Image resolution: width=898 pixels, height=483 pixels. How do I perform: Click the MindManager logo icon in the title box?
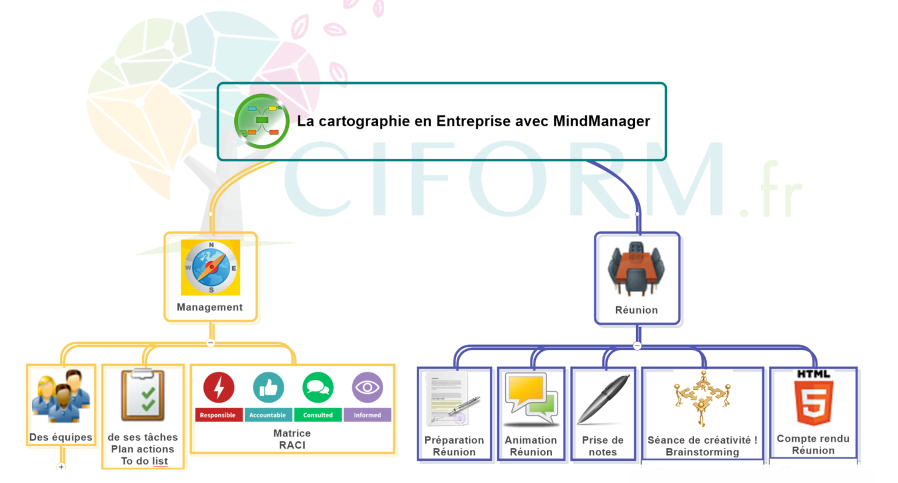click(x=262, y=121)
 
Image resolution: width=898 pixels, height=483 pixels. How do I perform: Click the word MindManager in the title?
click(x=601, y=121)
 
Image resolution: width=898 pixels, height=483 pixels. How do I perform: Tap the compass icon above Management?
click(x=211, y=268)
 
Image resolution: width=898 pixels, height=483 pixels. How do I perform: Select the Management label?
click(x=210, y=307)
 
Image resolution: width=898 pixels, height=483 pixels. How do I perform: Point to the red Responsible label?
click(x=218, y=415)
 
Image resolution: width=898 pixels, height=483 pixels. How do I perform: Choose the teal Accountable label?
click(x=267, y=415)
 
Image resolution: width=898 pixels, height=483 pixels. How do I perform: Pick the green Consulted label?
click(x=318, y=415)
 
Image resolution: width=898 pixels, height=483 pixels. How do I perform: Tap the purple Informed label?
click(x=367, y=415)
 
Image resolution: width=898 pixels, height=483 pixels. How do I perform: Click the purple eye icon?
click(x=367, y=388)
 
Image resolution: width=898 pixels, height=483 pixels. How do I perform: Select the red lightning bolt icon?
click(x=218, y=388)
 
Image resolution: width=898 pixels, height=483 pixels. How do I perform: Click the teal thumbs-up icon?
click(x=269, y=388)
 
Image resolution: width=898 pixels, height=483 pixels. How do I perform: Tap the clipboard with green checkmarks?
click(x=143, y=396)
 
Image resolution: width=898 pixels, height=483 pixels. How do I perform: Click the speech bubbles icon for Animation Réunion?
click(x=530, y=400)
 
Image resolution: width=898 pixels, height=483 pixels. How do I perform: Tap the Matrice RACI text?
click(x=292, y=439)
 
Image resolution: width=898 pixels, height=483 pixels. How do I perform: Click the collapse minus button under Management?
click(x=210, y=343)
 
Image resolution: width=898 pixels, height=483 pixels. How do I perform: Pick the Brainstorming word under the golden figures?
click(x=702, y=452)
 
